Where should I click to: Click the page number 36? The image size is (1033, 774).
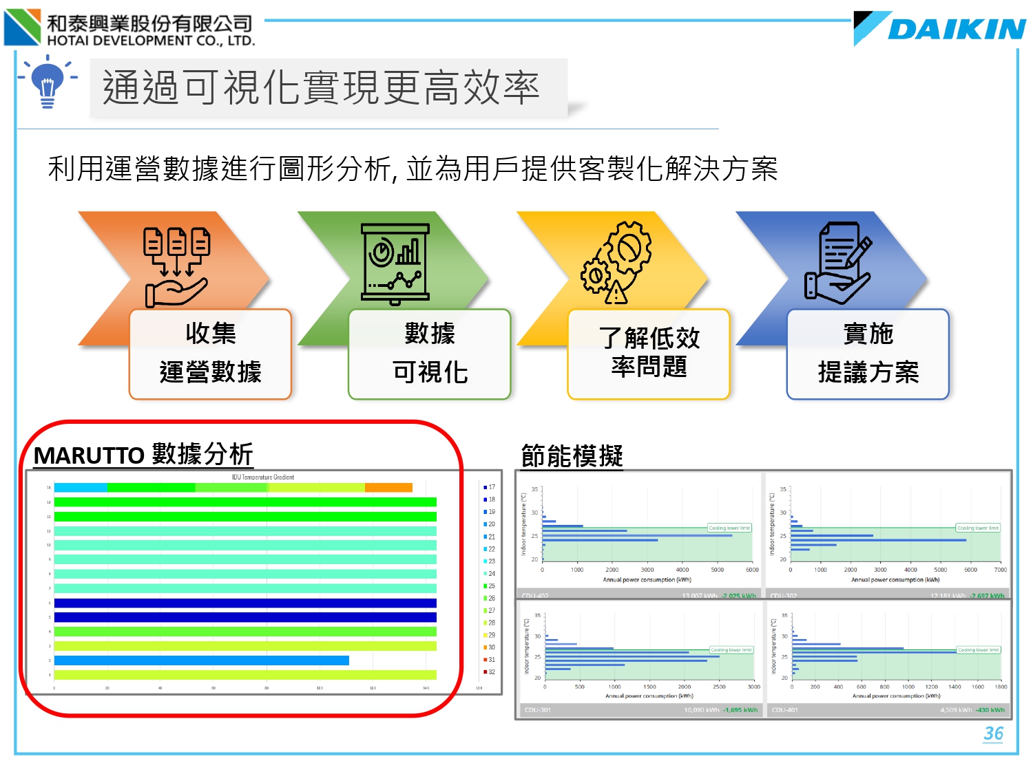click(x=993, y=733)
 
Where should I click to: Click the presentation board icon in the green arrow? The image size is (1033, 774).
click(x=395, y=263)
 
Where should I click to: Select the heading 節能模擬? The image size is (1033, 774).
click(x=572, y=455)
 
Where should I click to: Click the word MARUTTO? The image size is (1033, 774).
click(x=89, y=455)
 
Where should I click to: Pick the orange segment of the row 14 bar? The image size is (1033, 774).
click(x=388, y=488)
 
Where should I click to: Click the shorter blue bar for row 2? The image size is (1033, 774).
click(x=201, y=660)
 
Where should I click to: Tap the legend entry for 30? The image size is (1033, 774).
click(x=490, y=647)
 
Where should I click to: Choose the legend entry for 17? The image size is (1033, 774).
click(x=490, y=487)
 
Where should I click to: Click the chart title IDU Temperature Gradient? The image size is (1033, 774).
click(x=262, y=477)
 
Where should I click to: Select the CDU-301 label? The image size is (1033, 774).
click(x=538, y=710)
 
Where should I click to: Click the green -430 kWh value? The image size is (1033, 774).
click(x=990, y=710)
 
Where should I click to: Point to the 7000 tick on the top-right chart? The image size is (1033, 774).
click(x=1000, y=570)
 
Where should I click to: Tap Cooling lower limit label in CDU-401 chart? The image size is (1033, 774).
click(x=978, y=650)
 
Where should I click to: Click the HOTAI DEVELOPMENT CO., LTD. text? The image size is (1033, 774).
click(x=151, y=41)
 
